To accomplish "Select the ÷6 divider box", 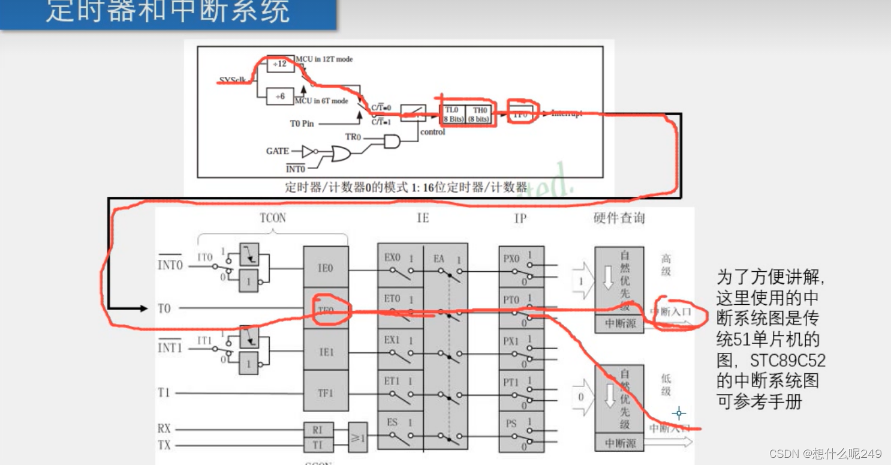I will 279,95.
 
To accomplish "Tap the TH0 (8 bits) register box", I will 479,114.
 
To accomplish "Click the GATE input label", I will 278,151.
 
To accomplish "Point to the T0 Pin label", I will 302,124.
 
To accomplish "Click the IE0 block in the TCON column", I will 326,268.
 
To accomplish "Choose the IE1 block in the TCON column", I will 326,352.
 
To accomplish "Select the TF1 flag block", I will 326,393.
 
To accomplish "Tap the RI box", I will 318,430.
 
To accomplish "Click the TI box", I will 318,445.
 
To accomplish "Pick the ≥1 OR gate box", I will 358,438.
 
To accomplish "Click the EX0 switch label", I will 392,257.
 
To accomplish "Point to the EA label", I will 439,259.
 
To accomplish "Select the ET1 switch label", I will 392,381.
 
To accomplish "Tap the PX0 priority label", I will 511,259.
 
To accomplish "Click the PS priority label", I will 510,424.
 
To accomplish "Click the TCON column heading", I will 273,218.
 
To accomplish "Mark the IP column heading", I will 520,218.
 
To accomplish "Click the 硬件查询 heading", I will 619,218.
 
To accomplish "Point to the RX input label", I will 164,429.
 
